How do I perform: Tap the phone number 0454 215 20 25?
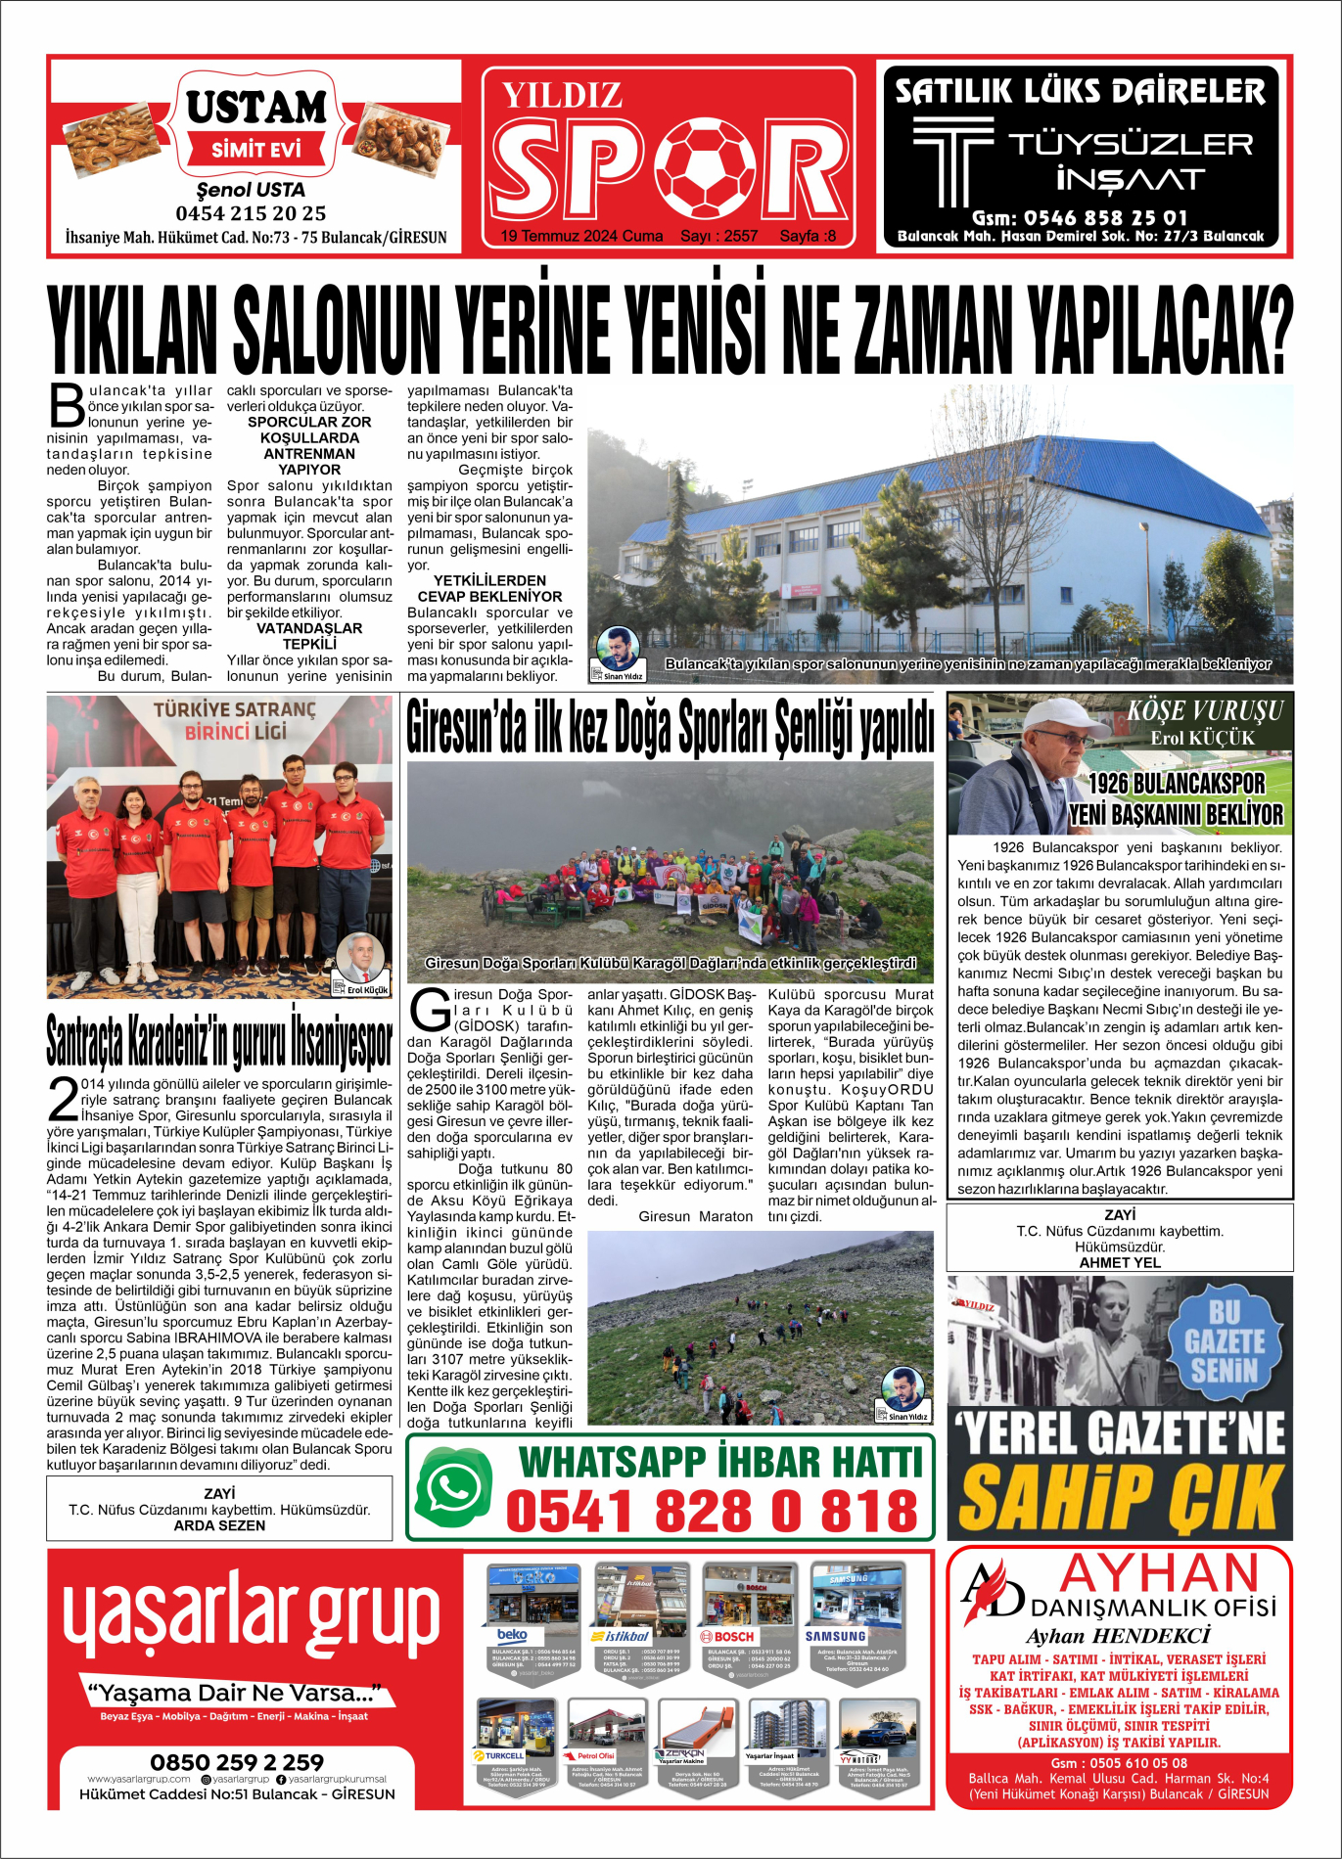251,213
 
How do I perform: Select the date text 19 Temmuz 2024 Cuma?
581,236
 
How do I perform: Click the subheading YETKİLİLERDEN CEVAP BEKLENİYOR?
489,588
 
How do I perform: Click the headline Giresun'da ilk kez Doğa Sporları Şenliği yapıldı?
670,727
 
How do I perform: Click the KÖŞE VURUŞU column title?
1204,710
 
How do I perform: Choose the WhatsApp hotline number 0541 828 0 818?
712,1510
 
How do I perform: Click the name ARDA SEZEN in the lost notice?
219,1525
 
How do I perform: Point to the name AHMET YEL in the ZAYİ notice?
1119,1262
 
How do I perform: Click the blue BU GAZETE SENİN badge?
1224,1341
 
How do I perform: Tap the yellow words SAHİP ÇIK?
1120,1496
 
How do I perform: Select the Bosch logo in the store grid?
727,1636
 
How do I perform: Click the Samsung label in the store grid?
835,1636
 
